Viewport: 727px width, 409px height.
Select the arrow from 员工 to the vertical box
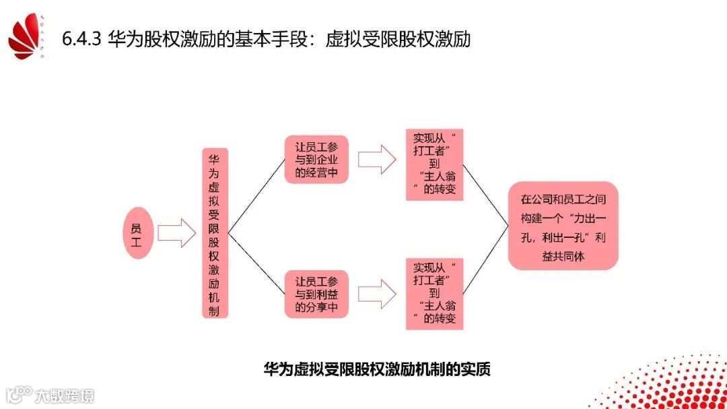tap(177, 232)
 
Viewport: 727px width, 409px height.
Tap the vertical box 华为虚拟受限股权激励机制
tap(215, 232)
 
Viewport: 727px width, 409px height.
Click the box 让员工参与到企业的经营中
tap(316, 160)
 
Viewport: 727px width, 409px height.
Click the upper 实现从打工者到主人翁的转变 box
tap(434, 164)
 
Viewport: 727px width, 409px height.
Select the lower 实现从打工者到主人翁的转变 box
tap(434, 293)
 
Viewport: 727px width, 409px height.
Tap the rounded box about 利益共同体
tap(563, 225)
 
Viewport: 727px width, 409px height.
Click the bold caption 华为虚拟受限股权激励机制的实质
tap(376, 369)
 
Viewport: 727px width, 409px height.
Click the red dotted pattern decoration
tap(673, 384)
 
